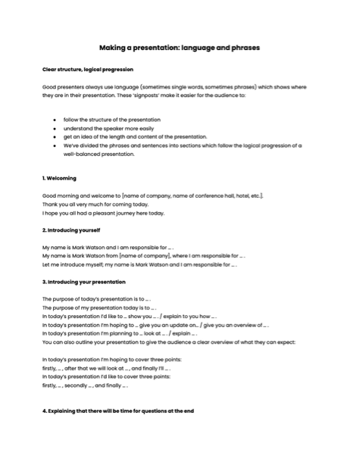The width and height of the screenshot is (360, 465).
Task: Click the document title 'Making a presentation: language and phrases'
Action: click(180, 47)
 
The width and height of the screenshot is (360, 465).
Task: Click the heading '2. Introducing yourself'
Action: click(71, 229)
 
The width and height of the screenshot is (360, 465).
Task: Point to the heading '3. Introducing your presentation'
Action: click(84, 282)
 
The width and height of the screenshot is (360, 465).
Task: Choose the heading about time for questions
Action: click(118, 411)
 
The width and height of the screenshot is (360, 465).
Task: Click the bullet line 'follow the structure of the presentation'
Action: click(111, 120)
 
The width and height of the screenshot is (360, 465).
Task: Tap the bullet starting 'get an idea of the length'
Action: click(124, 137)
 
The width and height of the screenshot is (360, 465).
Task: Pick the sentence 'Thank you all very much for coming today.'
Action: click(95, 204)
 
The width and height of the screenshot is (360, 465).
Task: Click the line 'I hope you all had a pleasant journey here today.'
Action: click(103, 213)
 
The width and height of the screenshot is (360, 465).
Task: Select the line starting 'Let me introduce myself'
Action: click(141, 265)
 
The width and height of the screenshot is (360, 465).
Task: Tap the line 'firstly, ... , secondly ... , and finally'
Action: click(85, 385)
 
